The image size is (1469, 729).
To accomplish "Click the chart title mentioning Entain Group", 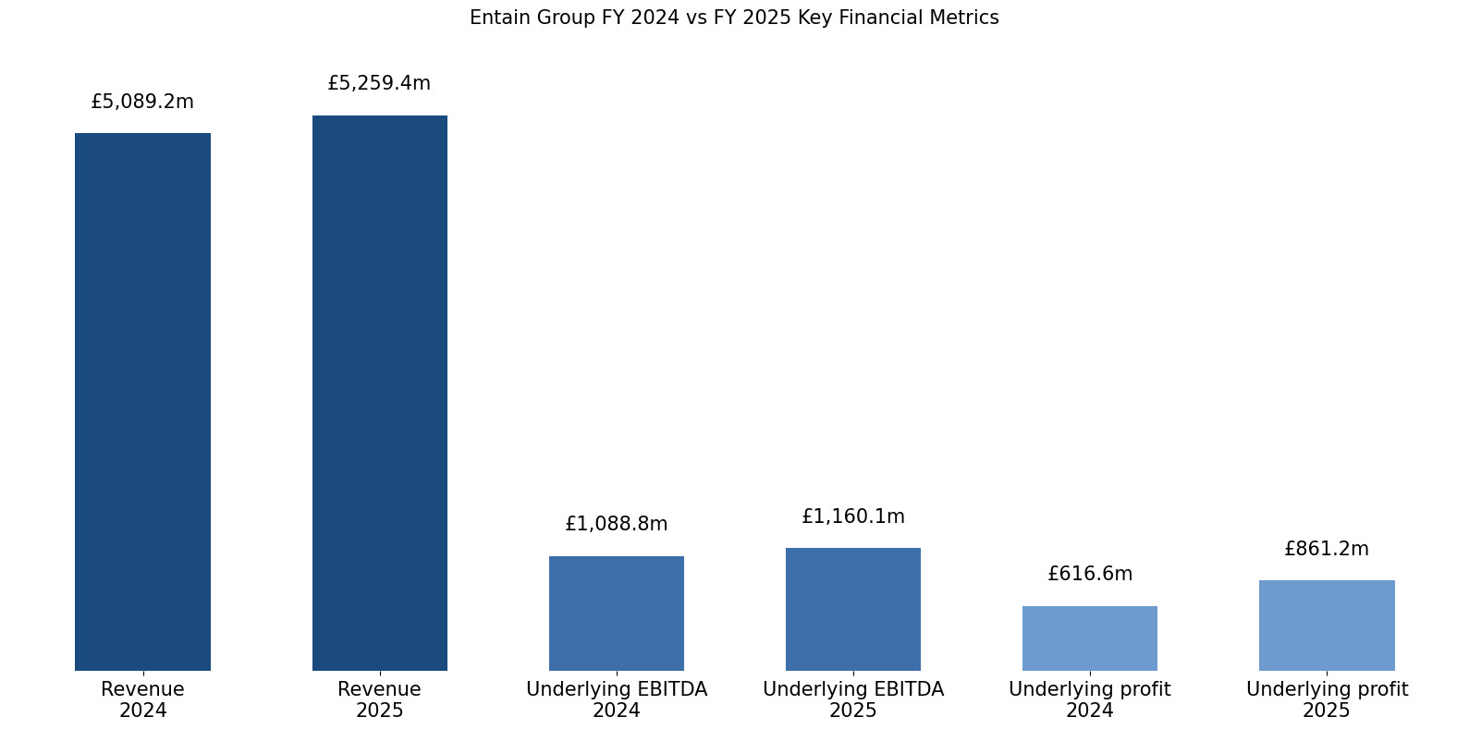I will pyautogui.click(x=733, y=18).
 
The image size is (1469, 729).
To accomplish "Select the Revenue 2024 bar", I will pyautogui.click(x=142, y=402).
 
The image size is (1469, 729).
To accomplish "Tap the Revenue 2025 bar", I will pyautogui.click(x=379, y=393).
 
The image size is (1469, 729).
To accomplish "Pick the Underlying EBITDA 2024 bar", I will pyautogui.click(x=616, y=613).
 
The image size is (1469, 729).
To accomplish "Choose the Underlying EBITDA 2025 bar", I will pyautogui.click(x=852, y=609).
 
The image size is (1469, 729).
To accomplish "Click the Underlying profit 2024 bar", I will pyautogui.click(x=1089, y=638).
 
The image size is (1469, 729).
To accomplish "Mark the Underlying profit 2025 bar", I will pyautogui.click(x=1326, y=625).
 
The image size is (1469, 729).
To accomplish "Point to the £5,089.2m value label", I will pyautogui.click(x=142, y=102).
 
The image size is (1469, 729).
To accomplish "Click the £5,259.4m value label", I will pyautogui.click(x=379, y=83).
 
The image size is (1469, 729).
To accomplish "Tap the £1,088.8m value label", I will pyautogui.click(x=616, y=524).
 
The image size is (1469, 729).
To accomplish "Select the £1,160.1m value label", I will pyautogui.click(x=852, y=516).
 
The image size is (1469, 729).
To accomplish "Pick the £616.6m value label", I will pyautogui.click(x=1089, y=574).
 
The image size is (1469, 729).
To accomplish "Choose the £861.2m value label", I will pyautogui.click(x=1326, y=549).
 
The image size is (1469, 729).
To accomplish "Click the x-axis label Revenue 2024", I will pyautogui.click(x=142, y=699).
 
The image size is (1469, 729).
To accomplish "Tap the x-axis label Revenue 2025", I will pyautogui.click(x=379, y=699).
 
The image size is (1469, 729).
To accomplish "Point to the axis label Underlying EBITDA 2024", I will pyautogui.click(x=616, y=699).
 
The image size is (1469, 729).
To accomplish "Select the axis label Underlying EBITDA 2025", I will pyautogui.click(x=852, y=699).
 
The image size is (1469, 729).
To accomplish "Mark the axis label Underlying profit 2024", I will pyautogui.click(x=1089, y=699).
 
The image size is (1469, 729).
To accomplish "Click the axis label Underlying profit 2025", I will pyautogui.click(x=1326, y=699).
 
